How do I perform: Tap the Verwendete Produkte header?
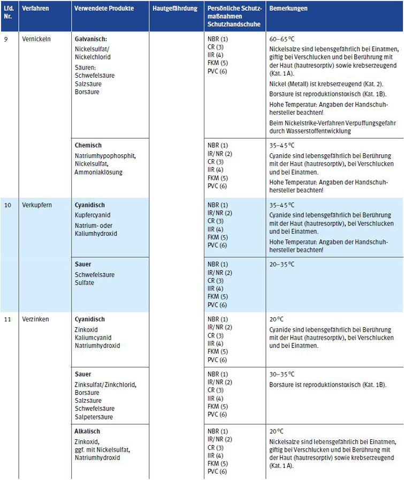click(x=104, y=9)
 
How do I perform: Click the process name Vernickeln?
click(x=36, y=40)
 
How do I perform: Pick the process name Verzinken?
click(x=35, y=319)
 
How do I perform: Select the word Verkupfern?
click(x=37, y=205)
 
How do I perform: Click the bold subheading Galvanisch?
click(x=92, y=40)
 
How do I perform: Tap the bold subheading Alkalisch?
click(x=88, y=431)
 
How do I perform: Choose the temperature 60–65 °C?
click(x=282, y=40)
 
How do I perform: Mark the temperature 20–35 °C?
click(x=282, y=265)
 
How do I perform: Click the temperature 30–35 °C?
click(x=282, y=374)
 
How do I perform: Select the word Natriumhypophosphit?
click(x=105, y=156)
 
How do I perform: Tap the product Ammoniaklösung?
click(x=98, y=172)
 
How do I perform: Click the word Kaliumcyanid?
click(x=93, y=337)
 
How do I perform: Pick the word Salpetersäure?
click(x=94, y=417)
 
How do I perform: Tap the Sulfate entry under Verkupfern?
click(x=85, y=283)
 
